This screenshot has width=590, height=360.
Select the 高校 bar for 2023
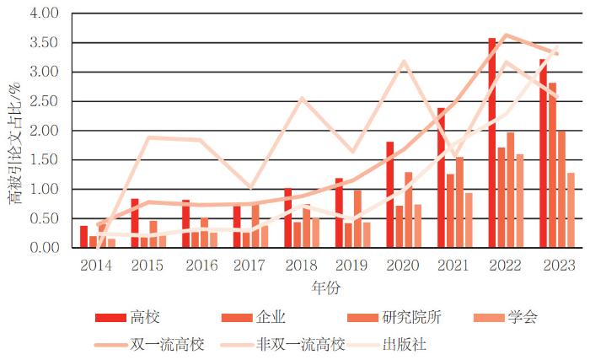pyautogui.click(x=543, y=153)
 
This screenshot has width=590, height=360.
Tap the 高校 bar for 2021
pyautogui.click(x=441, y=178)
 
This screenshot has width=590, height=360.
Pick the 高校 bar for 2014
pyautogui.click(x=84, y=237)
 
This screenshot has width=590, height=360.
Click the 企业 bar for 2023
pyautogui.click(x=552, y=165)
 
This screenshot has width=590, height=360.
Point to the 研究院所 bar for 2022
pyautogui.click(x=511, y=190)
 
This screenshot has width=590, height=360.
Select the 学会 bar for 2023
pyautogui.click(x=571, y=210)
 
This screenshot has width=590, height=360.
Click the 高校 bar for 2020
pyautogui.click(x=390, y=195)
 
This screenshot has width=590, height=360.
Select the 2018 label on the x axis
pyautogui.click(x=302, y=266)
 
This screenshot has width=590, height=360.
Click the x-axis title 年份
pyautogui.click(x=324, y=287)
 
